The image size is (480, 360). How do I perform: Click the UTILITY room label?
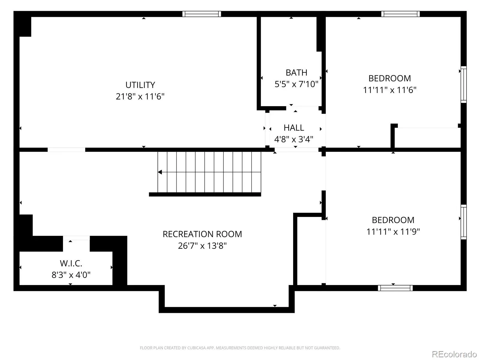[x=140, y=85]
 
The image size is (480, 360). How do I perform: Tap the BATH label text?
[x=296, y=73]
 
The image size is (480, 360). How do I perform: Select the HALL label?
[x=294, y=128]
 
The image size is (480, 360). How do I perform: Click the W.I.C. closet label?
[x=71, y=263]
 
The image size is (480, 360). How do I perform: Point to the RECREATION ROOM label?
[x=202, y=234]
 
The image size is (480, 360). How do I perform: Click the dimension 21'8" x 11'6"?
[x=140, y=96]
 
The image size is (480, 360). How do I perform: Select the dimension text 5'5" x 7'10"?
[x=296, y=84]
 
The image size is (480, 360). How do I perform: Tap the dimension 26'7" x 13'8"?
[x=202, y=246]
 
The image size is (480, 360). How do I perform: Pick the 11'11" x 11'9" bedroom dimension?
[x=393, y=232]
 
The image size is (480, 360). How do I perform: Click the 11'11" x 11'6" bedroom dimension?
[x=390, y=90]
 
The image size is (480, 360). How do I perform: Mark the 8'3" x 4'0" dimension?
[x=71, y=275]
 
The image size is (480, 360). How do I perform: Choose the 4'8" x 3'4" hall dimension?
[x=294, y=139]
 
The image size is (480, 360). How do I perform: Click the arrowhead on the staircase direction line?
[x=160, y=172]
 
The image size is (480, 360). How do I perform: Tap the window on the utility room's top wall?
[x=202, y=14]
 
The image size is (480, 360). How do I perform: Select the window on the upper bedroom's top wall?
[x=400, y=14]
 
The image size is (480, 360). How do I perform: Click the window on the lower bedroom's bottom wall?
[x=395, y=288]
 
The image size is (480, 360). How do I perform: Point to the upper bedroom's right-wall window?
[x=463, y=85]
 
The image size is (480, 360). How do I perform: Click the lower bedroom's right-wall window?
[x=463, y=222]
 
